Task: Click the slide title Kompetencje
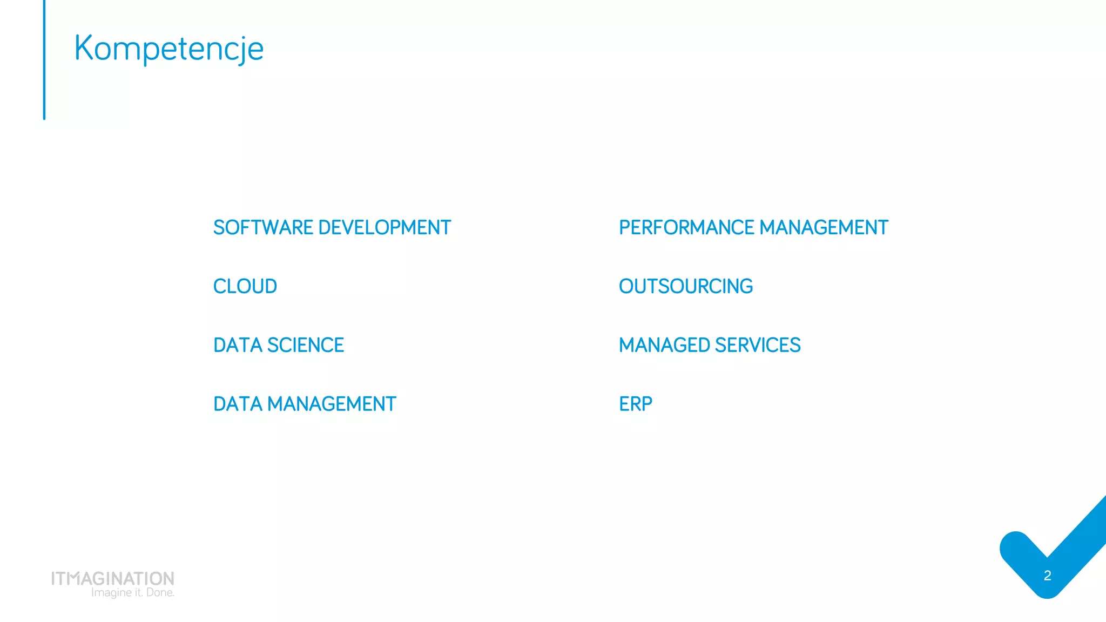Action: [x=168, y=49]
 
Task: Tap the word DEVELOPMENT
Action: [x=385, y=228]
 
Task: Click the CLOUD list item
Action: [x=245, y=287]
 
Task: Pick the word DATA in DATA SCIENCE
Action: [x=238, y=346]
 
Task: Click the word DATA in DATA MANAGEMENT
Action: [x=238, y=404]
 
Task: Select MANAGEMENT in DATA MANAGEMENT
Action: [x=332, y=404]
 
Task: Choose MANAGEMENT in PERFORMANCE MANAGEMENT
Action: [x=824, y=228]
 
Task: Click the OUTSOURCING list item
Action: [x=686, y=287]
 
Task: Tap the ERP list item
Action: [x=636, y=404]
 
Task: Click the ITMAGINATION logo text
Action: [x=113, y=578]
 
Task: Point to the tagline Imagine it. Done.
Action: [x=133, y=593]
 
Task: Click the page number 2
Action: [x=1047, y=576]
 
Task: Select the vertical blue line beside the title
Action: [x=44, y=59]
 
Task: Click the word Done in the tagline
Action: [x=160, y=593]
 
